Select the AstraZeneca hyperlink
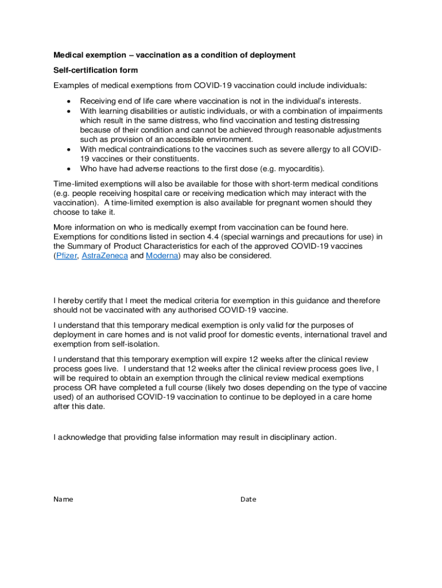click(x=104, y=256)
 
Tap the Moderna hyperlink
click(x=162, y=256)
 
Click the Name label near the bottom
click(x=63, y=499)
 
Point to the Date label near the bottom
click(x=248, y=499)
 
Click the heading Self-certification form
click(x=95, y=70)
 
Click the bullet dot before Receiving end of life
click(x=69, y=102)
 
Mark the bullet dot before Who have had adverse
click(x=69, y=169)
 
